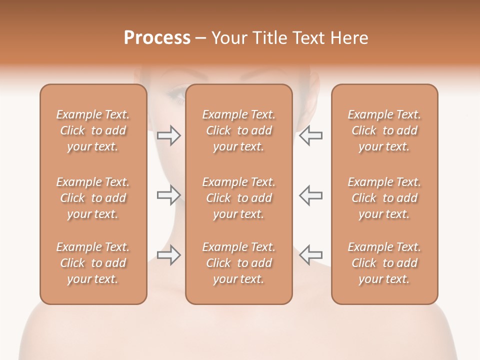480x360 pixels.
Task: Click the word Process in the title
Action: [157, 37]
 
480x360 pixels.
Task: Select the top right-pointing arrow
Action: [169, 135]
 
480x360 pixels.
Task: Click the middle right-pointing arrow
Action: [169, 195]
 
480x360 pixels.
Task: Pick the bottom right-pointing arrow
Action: [169, 255]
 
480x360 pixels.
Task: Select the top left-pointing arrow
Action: [310, 135]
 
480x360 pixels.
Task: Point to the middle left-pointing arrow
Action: [310, 195]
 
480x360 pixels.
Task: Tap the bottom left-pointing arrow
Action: [310, 255]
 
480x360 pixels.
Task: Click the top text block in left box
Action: [93, 130]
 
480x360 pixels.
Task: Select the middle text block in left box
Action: [93, 198]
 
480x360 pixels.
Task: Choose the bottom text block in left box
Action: [93, 263]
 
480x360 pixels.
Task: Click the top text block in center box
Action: [238, 130]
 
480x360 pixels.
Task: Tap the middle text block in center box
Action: [238, 198]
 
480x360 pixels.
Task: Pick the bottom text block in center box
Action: [238, 263]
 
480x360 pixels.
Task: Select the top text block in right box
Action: [384, 130]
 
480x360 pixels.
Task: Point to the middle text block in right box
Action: [384, 198]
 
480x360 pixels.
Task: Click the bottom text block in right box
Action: [384, 263]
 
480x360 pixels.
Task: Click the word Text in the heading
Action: [309, 37]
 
